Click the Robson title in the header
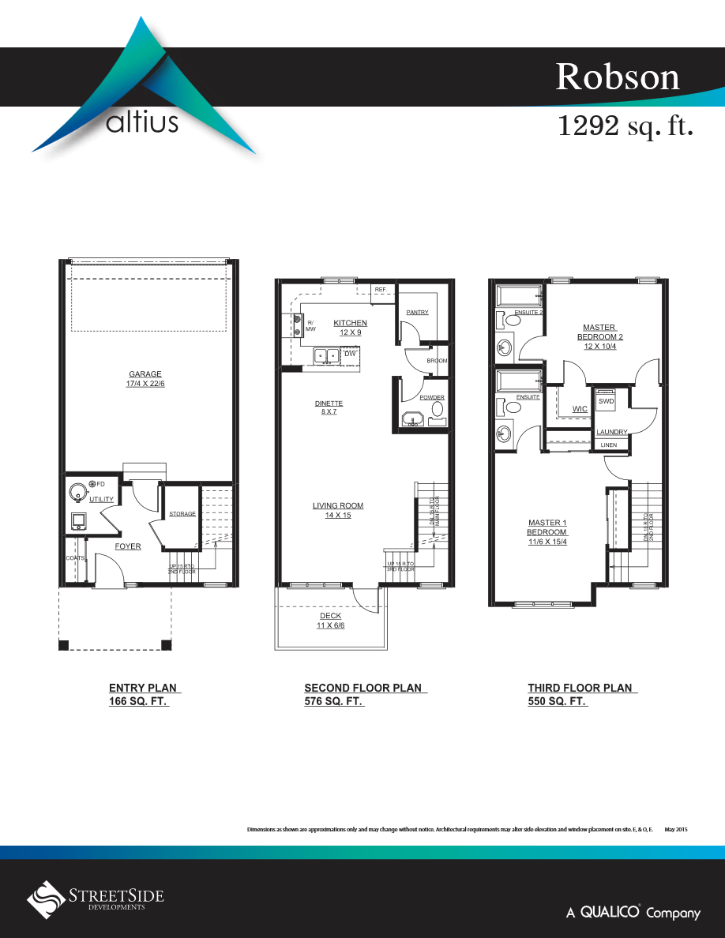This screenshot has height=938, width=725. [x=617, y=77]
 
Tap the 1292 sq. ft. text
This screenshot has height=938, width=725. [x=625, y=126]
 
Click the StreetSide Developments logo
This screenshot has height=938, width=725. [x=96, y=897]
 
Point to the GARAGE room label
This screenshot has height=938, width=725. [x=145, y=374]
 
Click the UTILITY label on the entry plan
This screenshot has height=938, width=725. [x=101, y=500]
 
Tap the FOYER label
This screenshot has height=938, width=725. [x=128, y=546]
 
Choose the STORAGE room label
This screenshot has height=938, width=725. [x=182, y=515]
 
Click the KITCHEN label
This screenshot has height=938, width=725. [x=350, y=323]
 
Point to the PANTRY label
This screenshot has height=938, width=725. [x=417, y=313]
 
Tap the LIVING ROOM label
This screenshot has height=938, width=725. [x=338, y=506]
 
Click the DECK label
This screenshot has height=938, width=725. [x=331, y=617]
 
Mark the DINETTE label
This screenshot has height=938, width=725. [x=329, y=403]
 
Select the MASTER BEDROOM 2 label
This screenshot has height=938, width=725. [x=599, y=332]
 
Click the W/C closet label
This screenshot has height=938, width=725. [x=580, y=409]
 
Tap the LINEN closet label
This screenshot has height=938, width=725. [x=609, y=445]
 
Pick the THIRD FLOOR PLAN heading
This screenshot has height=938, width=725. [x=580, y=688]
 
